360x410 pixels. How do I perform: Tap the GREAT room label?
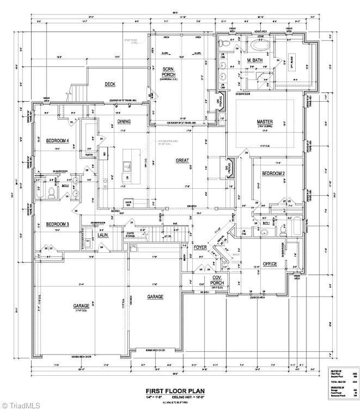[x=182, y=160]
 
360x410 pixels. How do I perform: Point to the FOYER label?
[x=200, y=247]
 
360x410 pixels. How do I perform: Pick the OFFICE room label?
[x=270, y=264]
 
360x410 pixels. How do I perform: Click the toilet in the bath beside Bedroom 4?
[x=50, y=193]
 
